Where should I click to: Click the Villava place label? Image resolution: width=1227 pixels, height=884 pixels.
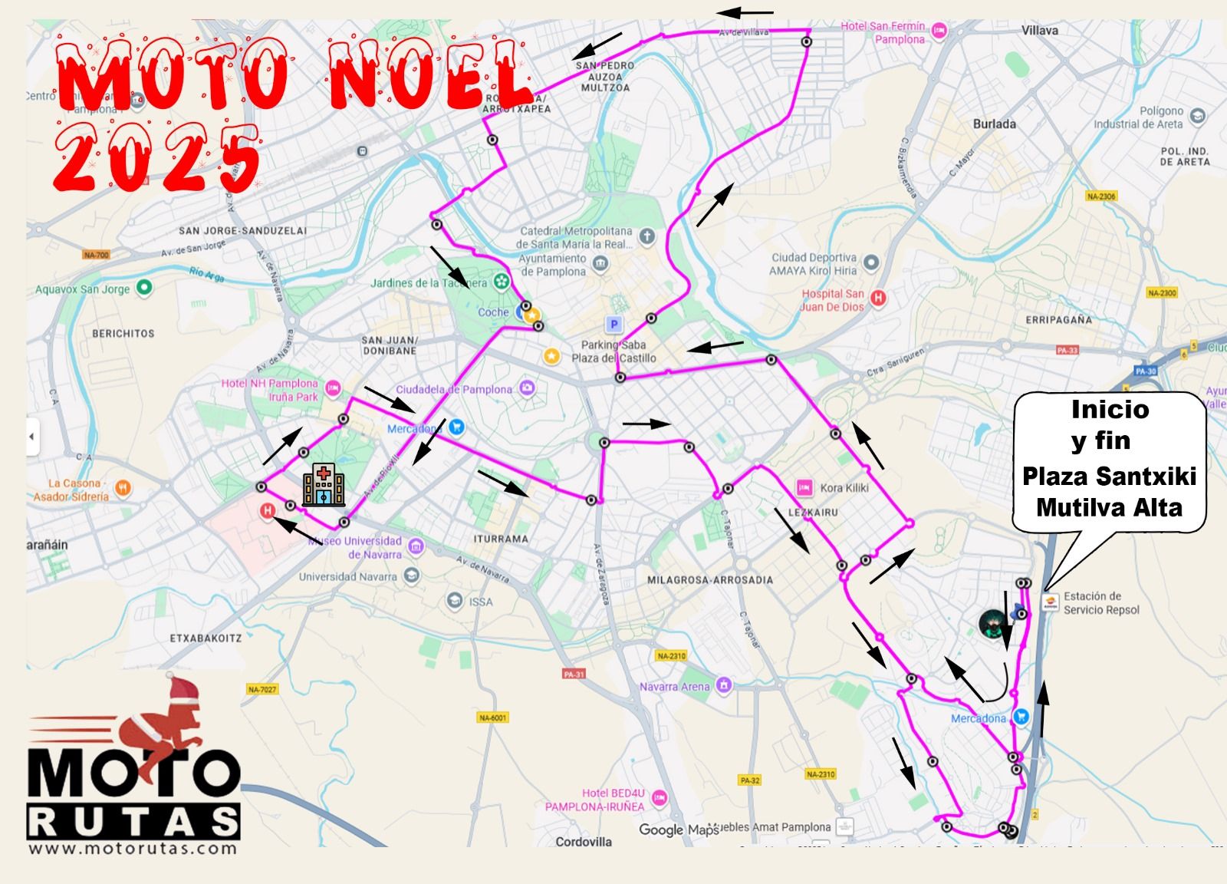coord(1039,31)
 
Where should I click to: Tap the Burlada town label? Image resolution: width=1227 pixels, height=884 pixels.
coord(994,124)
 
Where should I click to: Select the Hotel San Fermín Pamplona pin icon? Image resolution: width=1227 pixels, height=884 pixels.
coord(939,31)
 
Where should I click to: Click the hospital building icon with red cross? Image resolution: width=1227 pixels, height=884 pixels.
coord(323,485)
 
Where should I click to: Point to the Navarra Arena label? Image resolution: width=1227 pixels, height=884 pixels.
coord(674,686)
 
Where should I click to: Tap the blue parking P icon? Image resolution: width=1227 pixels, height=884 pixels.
coord(613,325)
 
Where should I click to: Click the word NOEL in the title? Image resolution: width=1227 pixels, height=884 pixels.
coord(430,77)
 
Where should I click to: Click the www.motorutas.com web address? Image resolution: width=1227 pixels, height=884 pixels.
coord(133,848)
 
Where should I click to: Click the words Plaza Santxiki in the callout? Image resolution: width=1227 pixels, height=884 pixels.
coord(1109,477)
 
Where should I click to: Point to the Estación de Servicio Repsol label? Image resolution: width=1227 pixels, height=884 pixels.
coord(1101,603)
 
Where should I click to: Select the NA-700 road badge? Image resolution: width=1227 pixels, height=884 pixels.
coord(97,255)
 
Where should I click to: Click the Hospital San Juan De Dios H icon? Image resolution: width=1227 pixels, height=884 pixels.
coord(879,298)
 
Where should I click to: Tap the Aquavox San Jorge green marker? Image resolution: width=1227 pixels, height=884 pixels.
coord(143,289)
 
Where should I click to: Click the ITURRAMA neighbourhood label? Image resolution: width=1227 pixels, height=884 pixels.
coord(500,539)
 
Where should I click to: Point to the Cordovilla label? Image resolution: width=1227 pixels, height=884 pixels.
coord(584,842)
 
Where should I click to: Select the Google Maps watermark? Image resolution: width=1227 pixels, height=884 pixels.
coord(678,830)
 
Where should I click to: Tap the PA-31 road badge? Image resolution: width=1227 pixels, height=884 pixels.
coord(573,675)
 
